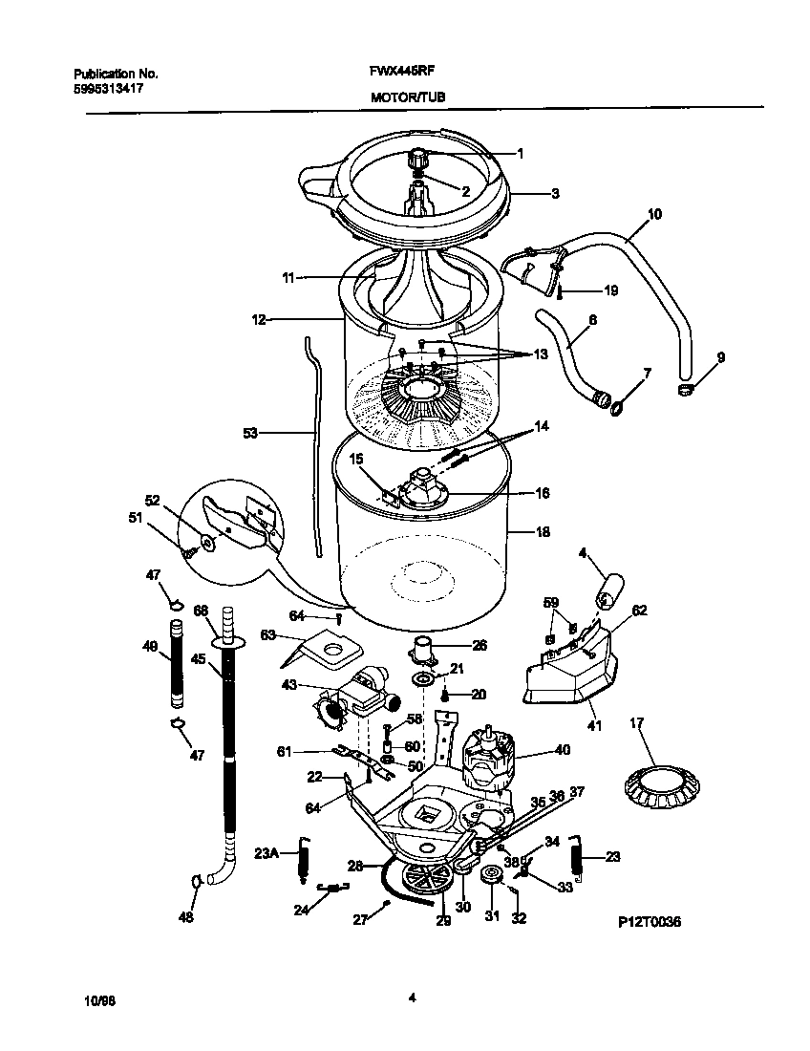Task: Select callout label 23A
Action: coord(266,854)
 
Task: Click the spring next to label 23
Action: coord(577,855)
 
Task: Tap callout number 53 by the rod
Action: coord(251,433)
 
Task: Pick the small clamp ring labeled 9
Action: coord(685,389)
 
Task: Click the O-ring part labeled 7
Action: coord(618,407)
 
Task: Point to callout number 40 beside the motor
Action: coord(563,750)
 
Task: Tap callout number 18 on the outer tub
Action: coord(543,531)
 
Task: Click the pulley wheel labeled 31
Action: coord(493,875)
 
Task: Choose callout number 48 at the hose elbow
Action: coord(186,918)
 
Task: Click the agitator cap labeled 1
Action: coord(420,157)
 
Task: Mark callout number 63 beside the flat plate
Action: coord(267,634)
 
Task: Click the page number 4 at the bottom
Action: coord(411,999)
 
